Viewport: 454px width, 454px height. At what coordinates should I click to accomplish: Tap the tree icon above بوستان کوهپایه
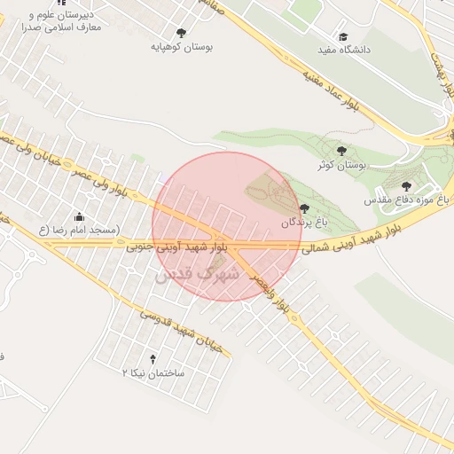[182, 32]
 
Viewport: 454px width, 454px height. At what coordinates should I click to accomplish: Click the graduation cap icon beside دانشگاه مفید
[343, 36]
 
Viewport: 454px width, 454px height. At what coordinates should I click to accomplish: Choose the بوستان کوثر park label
[341, 165]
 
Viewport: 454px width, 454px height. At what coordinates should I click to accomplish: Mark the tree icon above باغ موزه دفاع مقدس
[407, 186]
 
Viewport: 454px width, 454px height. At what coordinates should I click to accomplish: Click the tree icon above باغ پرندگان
[304, 208]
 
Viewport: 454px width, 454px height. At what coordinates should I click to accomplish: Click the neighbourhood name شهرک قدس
[197, 275]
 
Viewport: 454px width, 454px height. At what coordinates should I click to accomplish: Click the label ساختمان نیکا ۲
[153, 373]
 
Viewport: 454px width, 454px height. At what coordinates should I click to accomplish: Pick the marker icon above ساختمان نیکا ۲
[153, 359]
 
